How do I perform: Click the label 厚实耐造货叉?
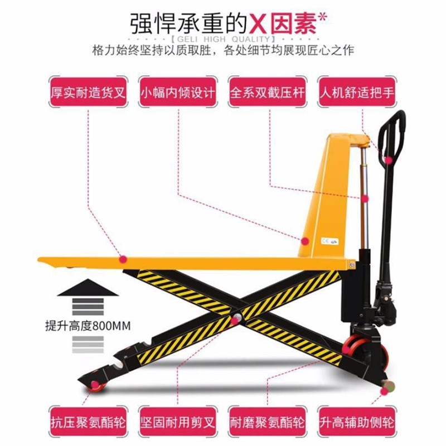[87, 91]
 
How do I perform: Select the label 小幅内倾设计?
[177, 91]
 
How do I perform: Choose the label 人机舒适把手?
[357, 91]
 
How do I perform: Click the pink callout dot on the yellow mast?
[305, 240]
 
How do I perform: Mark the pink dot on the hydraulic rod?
[365, 198]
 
